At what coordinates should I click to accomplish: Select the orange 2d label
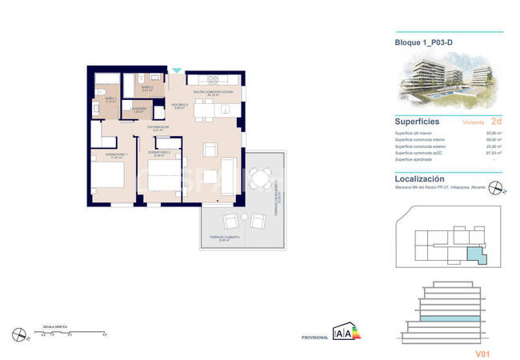[497, 122]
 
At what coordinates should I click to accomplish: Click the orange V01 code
[482, 353]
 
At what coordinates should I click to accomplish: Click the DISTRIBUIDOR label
[158, 126]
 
